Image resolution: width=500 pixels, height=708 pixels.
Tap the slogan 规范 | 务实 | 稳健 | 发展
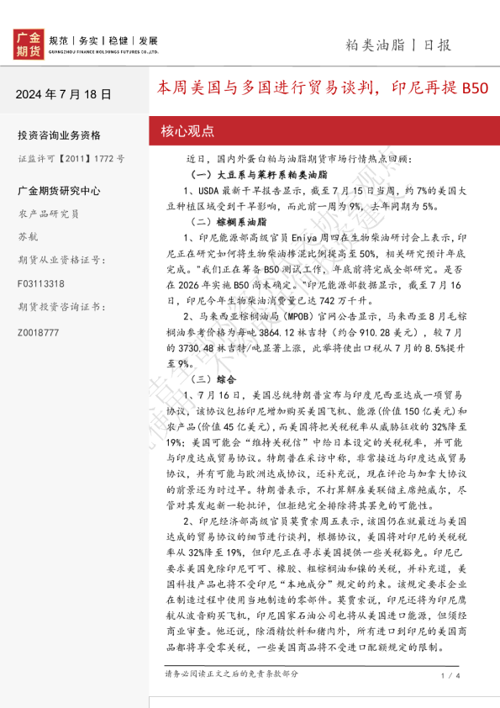coord(103,40)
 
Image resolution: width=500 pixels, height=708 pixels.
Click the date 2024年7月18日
coord(63,94)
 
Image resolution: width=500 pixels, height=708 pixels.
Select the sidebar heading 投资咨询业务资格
coord(59,135)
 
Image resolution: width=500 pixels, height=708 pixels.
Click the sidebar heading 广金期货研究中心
coord(59,191)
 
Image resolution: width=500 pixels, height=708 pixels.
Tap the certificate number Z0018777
coord(38,333)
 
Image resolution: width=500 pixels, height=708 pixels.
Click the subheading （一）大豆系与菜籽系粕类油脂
coord(248,175)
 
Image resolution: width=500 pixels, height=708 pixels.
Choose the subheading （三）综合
coord(207,379)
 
